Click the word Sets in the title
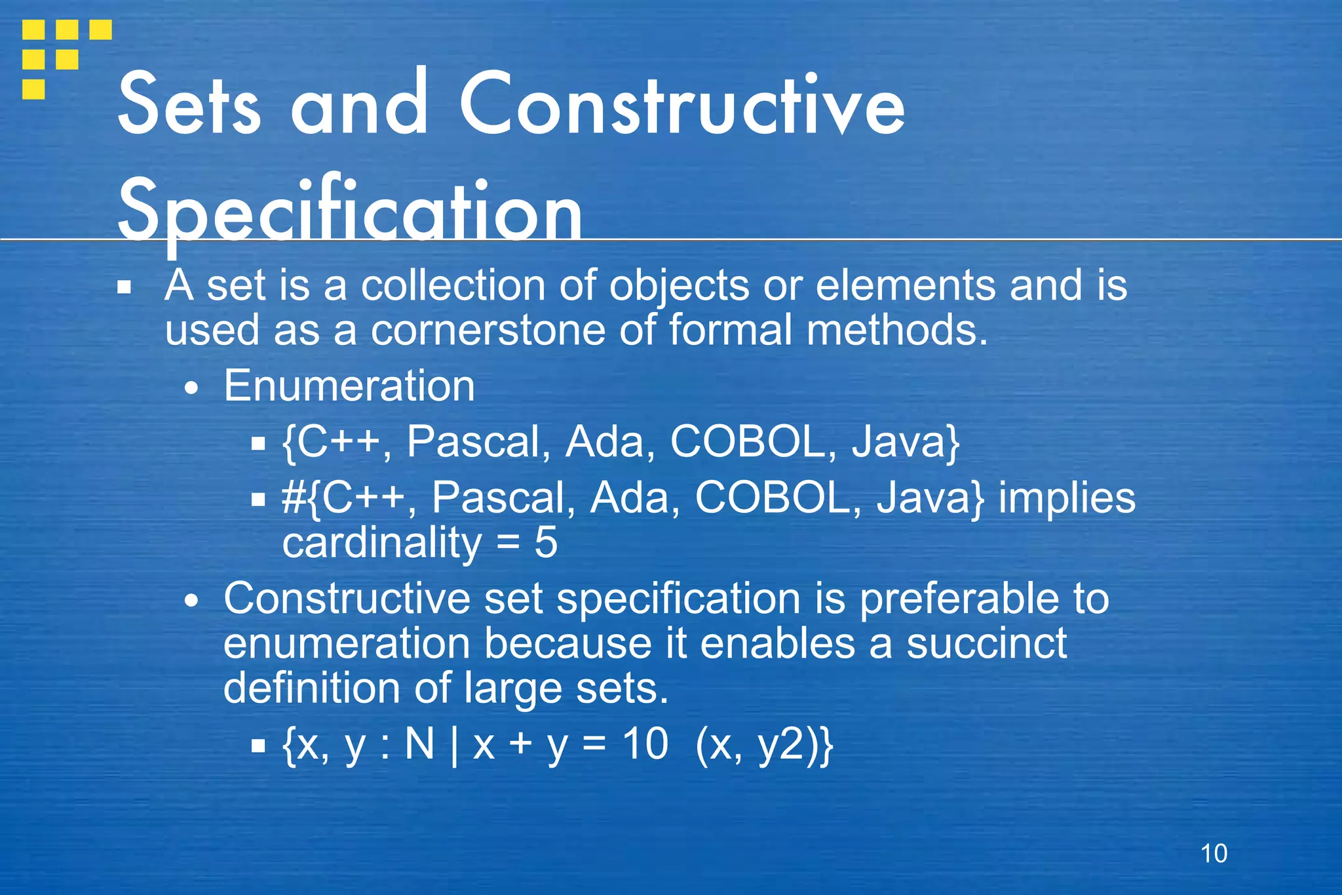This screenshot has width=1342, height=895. click(x=189, y=105)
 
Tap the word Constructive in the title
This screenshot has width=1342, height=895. click(x=681, y=105)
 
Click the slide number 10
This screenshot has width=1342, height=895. click(x=1214, y=854)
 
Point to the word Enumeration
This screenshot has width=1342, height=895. click(x=349, y=386)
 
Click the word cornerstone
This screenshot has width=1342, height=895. click(x=488, y=330)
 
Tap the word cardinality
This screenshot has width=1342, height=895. click(x=381, y=543)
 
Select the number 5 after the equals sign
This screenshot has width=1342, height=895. click(x=545, y=543)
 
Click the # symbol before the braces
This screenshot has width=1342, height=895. click(x=293, y=498)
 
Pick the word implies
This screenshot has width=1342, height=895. click(x=1067, y=498)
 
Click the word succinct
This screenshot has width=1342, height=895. click(x=987, y=643)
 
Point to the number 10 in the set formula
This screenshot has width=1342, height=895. click(x=645, y=744)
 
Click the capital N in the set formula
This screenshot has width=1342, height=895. click(x=420, y=744)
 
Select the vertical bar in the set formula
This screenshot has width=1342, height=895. click(x=454, y=746)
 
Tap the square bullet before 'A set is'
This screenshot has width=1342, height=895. click(x=125, y=287)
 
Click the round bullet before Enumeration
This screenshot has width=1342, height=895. click(x=191, y=388)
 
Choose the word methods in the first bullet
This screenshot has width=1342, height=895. click(x=896, y=330)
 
